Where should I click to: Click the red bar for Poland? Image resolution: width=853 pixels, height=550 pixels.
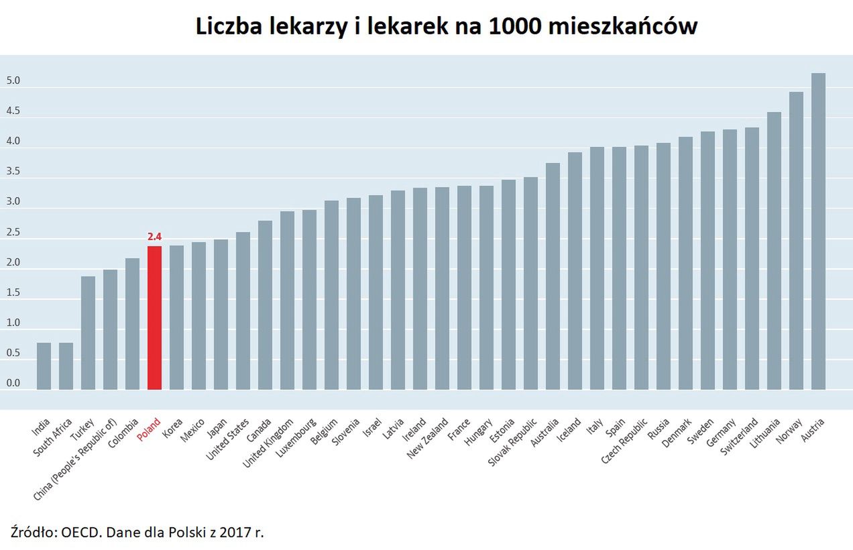[154, 318]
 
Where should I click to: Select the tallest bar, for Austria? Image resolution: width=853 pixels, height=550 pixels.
[818, 231]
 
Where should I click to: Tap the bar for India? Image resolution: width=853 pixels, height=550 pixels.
[44, 366]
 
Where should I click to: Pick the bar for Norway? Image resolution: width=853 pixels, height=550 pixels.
[796, 241]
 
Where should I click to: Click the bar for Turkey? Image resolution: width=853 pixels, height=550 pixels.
[88, 333]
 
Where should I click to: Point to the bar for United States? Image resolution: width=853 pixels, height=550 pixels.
[243, 311]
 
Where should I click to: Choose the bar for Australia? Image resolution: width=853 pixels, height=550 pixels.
[553, 276]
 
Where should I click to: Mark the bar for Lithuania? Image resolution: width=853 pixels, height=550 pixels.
[774, 251]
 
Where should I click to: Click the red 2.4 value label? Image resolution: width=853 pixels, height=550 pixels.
[154, 236]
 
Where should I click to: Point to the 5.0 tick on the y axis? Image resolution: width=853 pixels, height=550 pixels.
[13, 81]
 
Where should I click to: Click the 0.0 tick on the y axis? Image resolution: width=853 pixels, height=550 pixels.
[13, 384]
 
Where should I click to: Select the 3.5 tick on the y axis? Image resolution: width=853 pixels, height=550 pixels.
[13, 172]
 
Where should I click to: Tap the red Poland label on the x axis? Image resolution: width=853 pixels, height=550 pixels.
[149, 430]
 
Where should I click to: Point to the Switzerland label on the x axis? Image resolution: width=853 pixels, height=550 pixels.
[739, 437]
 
